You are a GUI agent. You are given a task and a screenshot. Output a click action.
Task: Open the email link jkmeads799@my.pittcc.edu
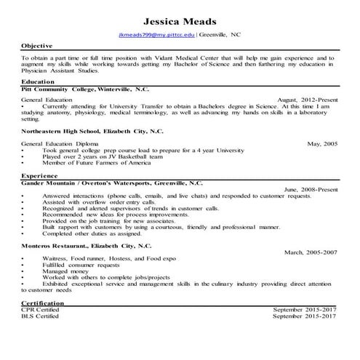pos(156,35)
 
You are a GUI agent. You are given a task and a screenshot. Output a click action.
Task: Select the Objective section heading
pos(37,46)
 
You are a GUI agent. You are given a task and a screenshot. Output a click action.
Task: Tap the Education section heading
pos(39,82)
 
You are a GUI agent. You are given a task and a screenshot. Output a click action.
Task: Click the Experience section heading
pos(39,176)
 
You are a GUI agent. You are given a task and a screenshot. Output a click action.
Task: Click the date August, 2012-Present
pos(307,99)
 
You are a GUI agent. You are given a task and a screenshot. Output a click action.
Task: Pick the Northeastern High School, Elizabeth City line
pos(92,132)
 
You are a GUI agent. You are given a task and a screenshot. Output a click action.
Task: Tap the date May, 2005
pos(322,144)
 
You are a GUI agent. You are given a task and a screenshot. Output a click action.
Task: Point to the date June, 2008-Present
pos(311,189)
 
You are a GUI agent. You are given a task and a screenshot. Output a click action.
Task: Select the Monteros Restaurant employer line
pos(88,247)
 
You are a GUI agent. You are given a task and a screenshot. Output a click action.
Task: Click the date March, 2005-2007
pos(311,252)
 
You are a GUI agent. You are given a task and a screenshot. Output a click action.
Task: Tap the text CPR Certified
pos(38,310)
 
